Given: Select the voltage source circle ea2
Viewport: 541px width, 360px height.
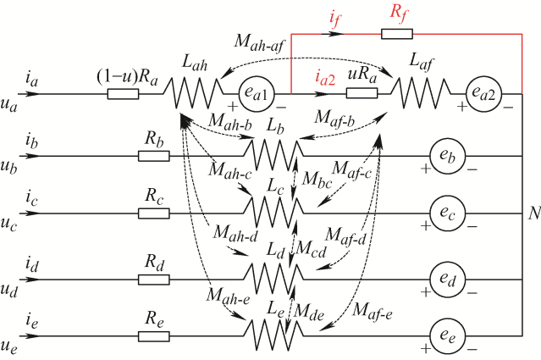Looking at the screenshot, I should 487,93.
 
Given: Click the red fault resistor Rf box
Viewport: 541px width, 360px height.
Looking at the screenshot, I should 397,33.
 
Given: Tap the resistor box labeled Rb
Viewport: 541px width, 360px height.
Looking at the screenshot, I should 153,156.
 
